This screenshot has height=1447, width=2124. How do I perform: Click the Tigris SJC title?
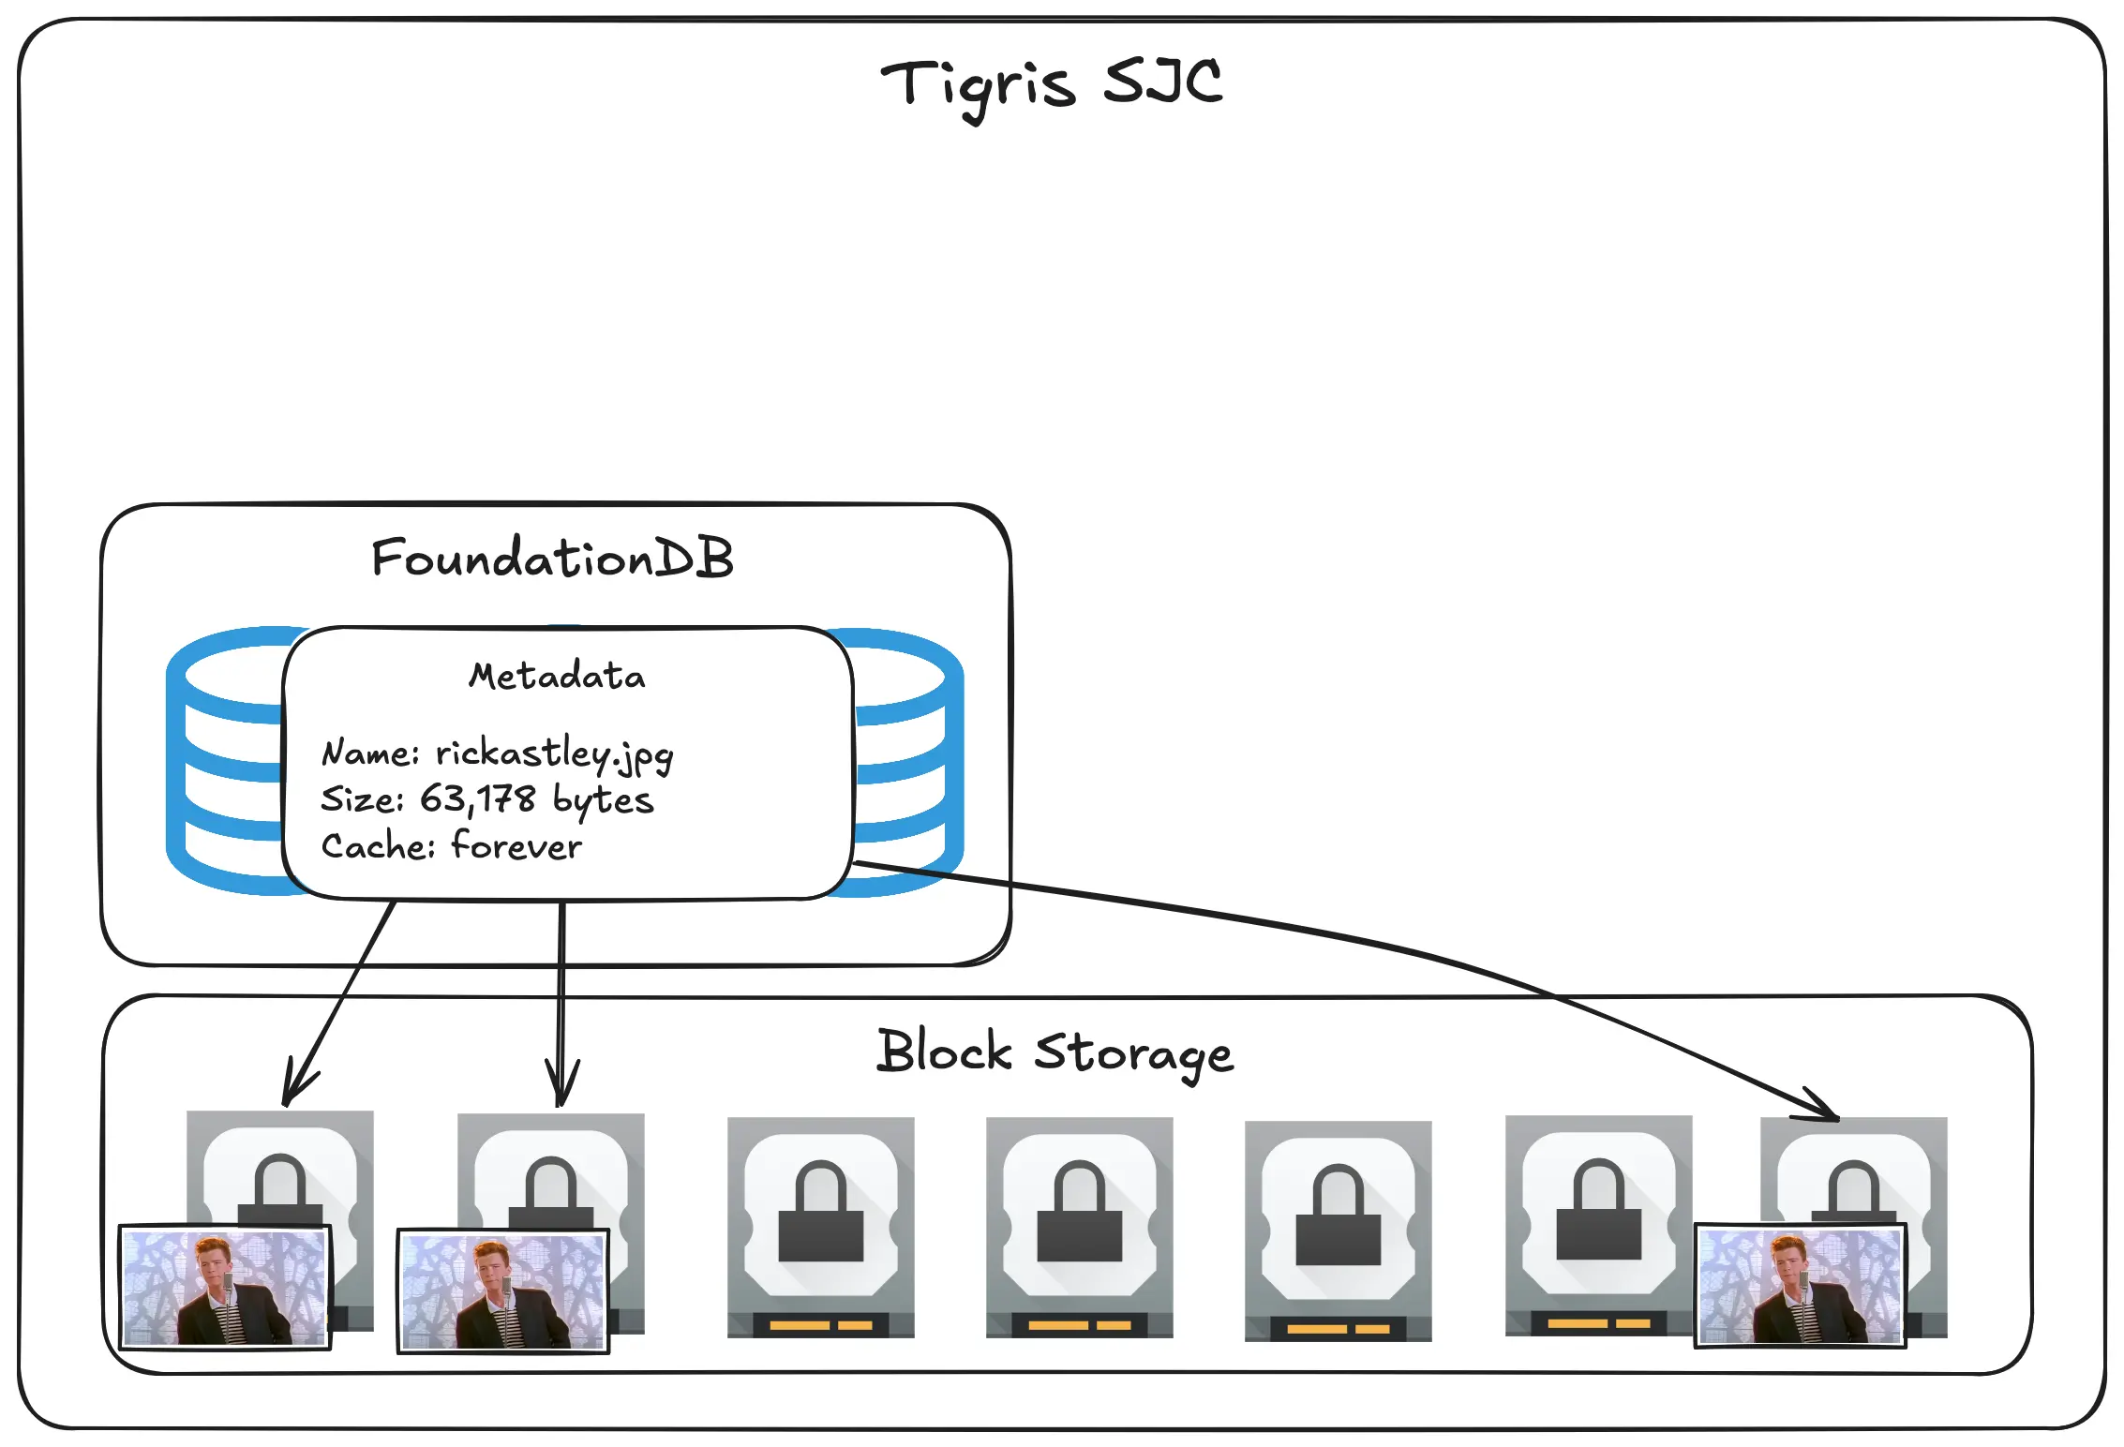coord(1051,83)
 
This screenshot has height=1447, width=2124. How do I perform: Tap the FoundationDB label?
coord(552,559)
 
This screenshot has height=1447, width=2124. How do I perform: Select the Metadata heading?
coord(557,676)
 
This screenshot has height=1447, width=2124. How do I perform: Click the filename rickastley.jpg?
coord(554,754)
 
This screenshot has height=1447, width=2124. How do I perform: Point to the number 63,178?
coord(477,799)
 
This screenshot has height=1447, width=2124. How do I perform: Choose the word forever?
coord(516,845)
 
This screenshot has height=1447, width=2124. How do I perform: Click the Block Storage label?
coord(1055,1052)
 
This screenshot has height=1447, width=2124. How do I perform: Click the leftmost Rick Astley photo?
coord(225,1288)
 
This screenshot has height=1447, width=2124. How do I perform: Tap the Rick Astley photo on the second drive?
coord(503,1291)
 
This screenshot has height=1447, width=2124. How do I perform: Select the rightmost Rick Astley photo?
coord(1800,1286)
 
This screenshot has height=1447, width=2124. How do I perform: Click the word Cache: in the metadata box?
coord(378,846)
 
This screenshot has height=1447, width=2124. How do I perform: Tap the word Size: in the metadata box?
coord(362,799)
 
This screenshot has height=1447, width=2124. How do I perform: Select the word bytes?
coord(603,801)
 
